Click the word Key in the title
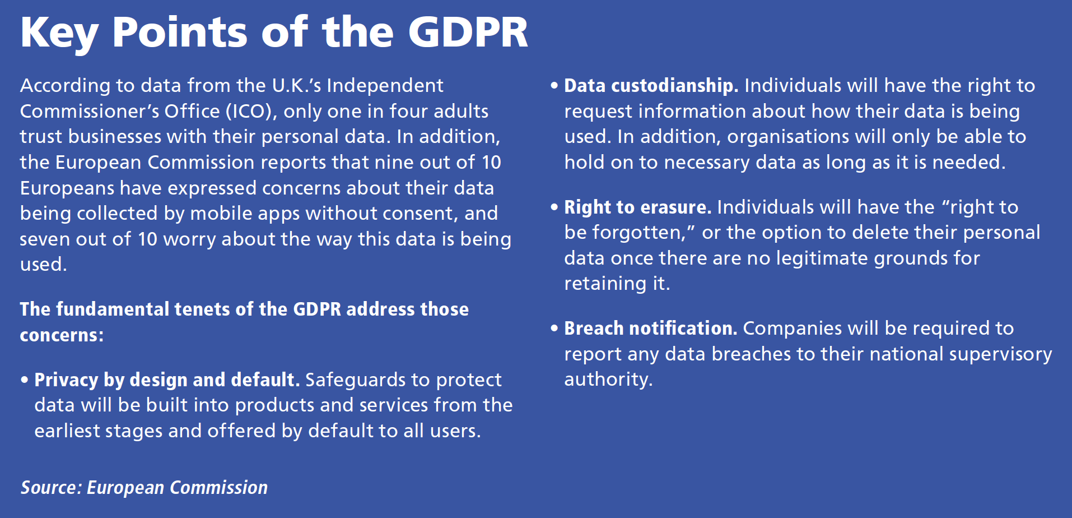59,33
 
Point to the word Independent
385,85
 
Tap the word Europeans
67,188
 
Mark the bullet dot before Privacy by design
25,380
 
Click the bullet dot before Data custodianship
554,86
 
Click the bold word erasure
676,207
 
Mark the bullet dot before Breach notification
554,329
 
